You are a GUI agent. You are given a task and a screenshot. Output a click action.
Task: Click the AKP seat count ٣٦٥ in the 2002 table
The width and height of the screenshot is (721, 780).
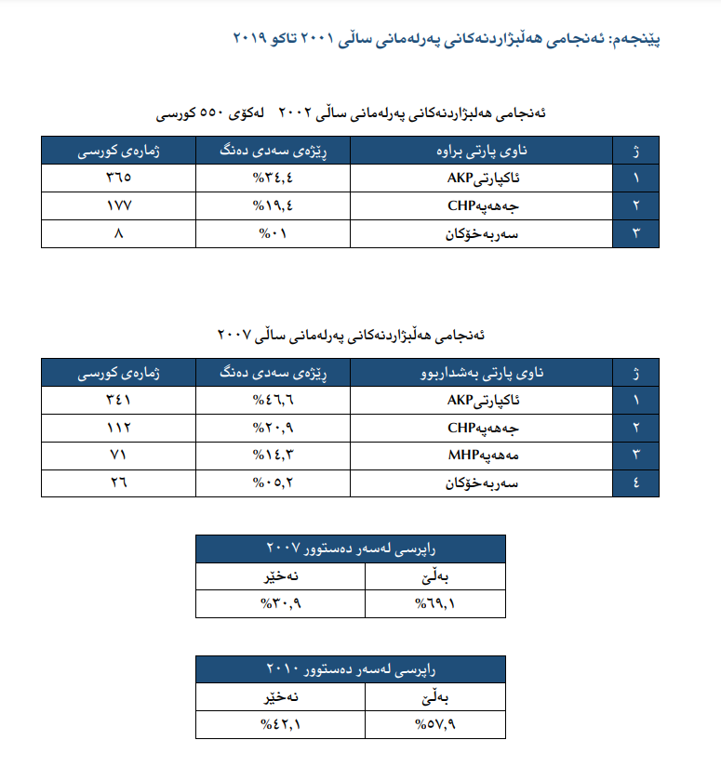(118, 178)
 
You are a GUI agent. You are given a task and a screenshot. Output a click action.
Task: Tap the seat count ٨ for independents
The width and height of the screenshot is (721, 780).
(118, 233)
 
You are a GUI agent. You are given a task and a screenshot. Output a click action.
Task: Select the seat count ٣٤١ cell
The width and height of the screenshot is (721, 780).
(118, 401)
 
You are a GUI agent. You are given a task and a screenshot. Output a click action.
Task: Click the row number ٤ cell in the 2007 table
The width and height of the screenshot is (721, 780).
(636, 483)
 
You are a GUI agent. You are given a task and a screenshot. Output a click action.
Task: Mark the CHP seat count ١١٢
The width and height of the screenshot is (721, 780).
(118, 429)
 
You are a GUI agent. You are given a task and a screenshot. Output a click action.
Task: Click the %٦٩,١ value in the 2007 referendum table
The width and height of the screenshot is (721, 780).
(434, 604)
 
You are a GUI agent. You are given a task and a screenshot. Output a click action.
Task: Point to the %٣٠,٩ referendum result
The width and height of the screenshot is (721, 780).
(281, 604)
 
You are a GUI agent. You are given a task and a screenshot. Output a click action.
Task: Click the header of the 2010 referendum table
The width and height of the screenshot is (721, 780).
(351, 668)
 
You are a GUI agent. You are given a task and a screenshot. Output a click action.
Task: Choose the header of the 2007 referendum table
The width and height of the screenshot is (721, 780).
(351, 549)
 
